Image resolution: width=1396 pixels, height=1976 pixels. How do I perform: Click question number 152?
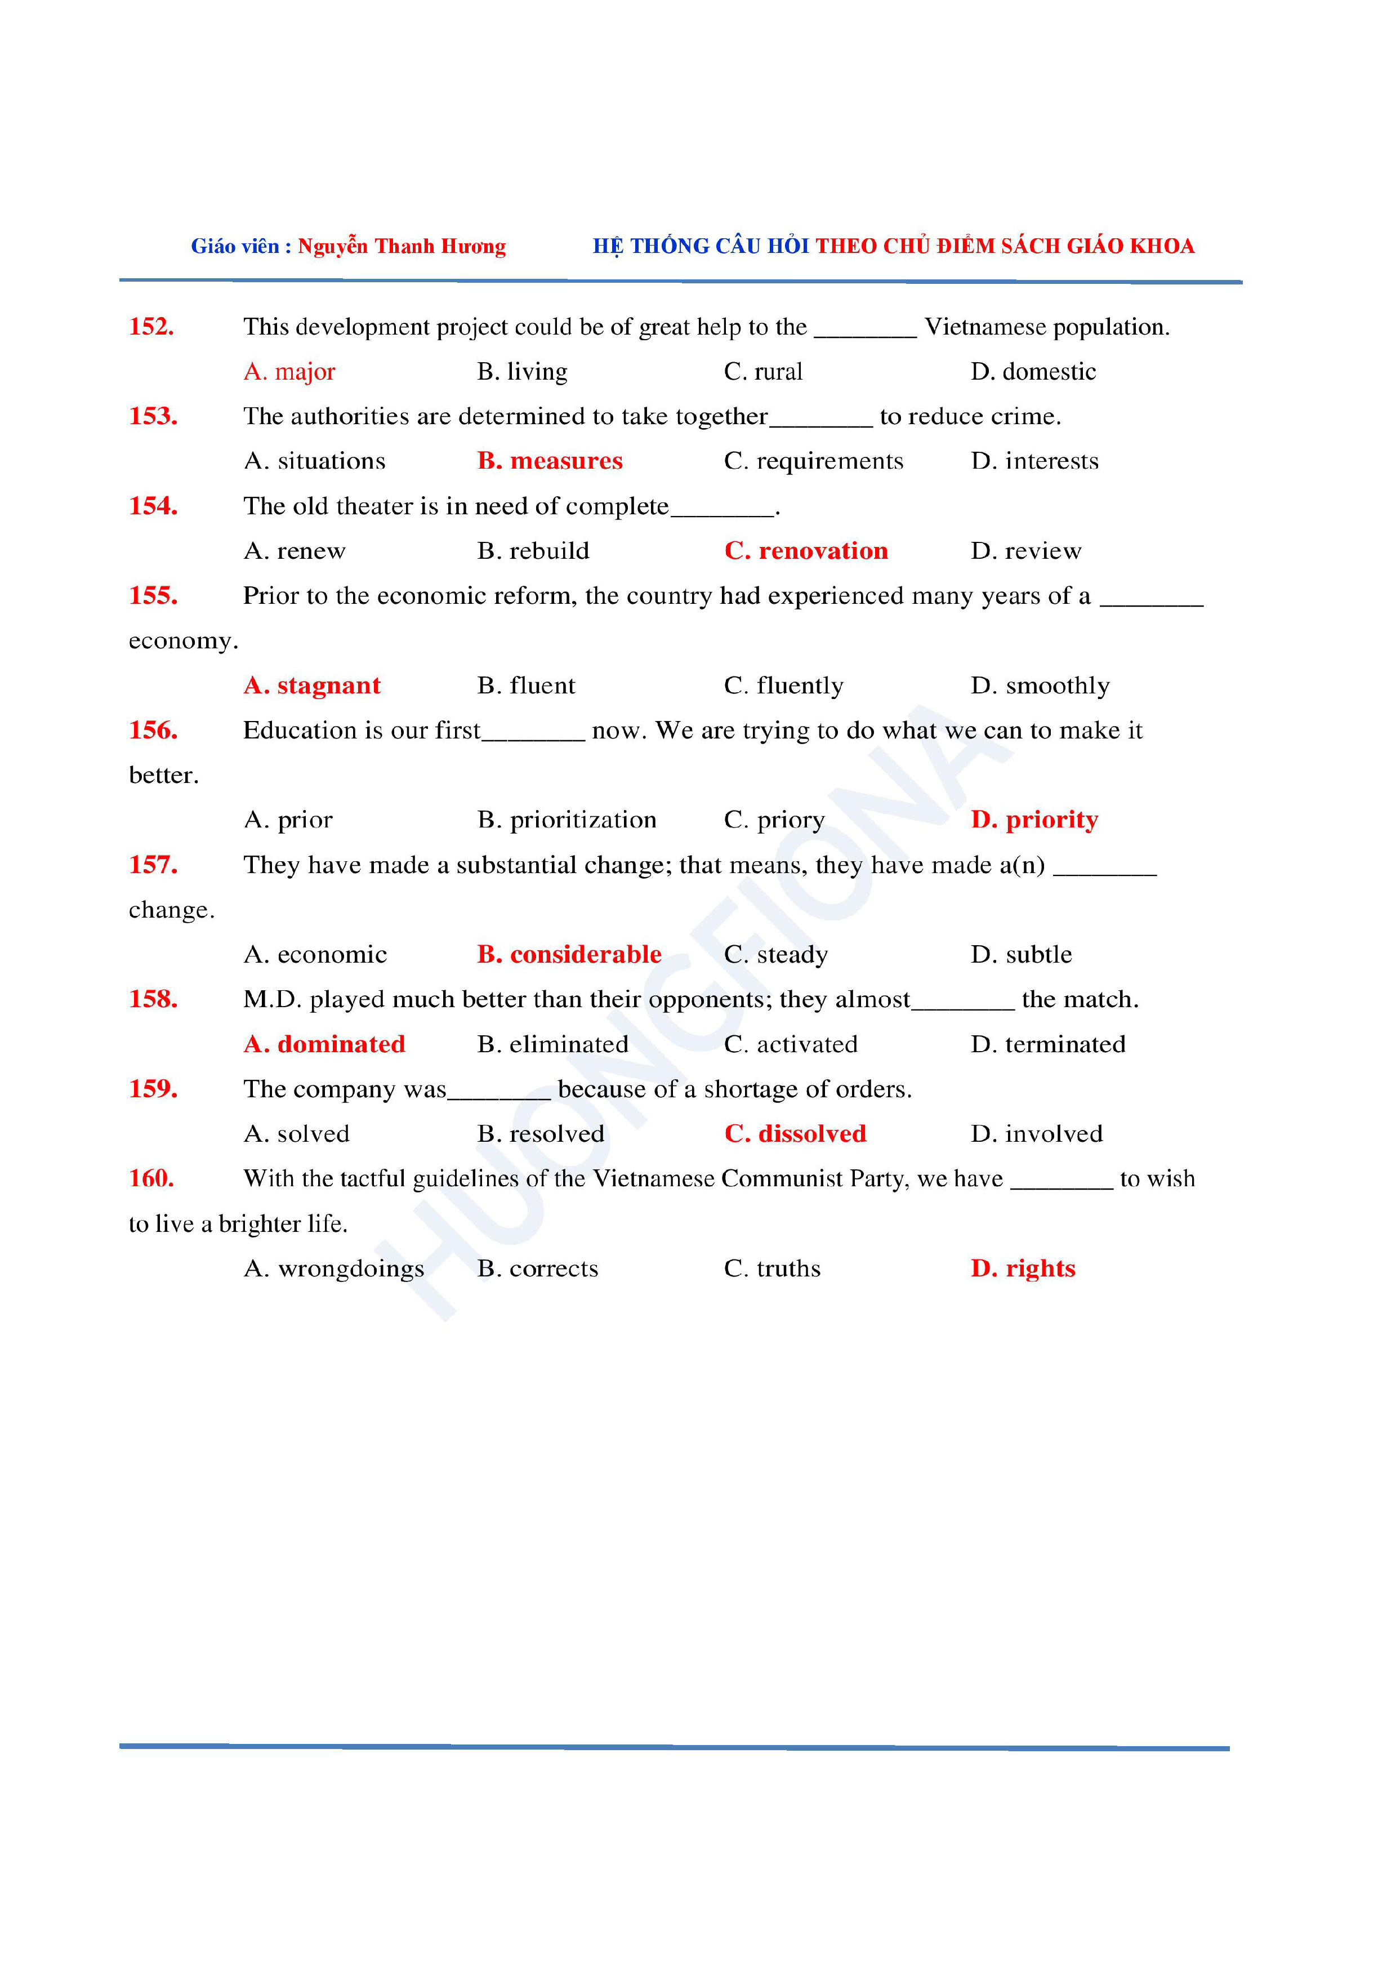pos(151,327)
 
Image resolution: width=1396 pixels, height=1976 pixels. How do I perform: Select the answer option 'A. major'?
pos(289,372)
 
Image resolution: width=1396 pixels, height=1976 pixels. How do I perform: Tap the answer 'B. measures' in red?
pos(550,461)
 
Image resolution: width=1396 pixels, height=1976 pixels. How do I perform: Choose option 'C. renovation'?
pos(805,551)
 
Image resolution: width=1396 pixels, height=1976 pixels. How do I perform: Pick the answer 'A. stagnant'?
pos(311,686)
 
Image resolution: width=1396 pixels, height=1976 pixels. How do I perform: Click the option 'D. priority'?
pos(1034,820)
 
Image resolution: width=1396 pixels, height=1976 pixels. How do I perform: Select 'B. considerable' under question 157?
pos(569,954)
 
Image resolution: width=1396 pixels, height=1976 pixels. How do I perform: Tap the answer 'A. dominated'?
pos(324,1045)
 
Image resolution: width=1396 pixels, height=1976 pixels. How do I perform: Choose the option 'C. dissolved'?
pos(795,1134)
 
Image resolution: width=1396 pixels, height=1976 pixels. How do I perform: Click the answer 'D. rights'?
pos(1023,1269)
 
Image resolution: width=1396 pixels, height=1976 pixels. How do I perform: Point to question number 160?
pos(151,1178)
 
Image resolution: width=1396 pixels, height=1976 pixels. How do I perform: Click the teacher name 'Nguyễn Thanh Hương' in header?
pos(402,247)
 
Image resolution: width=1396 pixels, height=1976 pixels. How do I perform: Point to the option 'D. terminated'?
pos(1047,1045)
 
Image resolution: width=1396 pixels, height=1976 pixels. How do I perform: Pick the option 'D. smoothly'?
pos(1040,686)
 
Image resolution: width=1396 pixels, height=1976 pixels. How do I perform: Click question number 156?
pos(153,731)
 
